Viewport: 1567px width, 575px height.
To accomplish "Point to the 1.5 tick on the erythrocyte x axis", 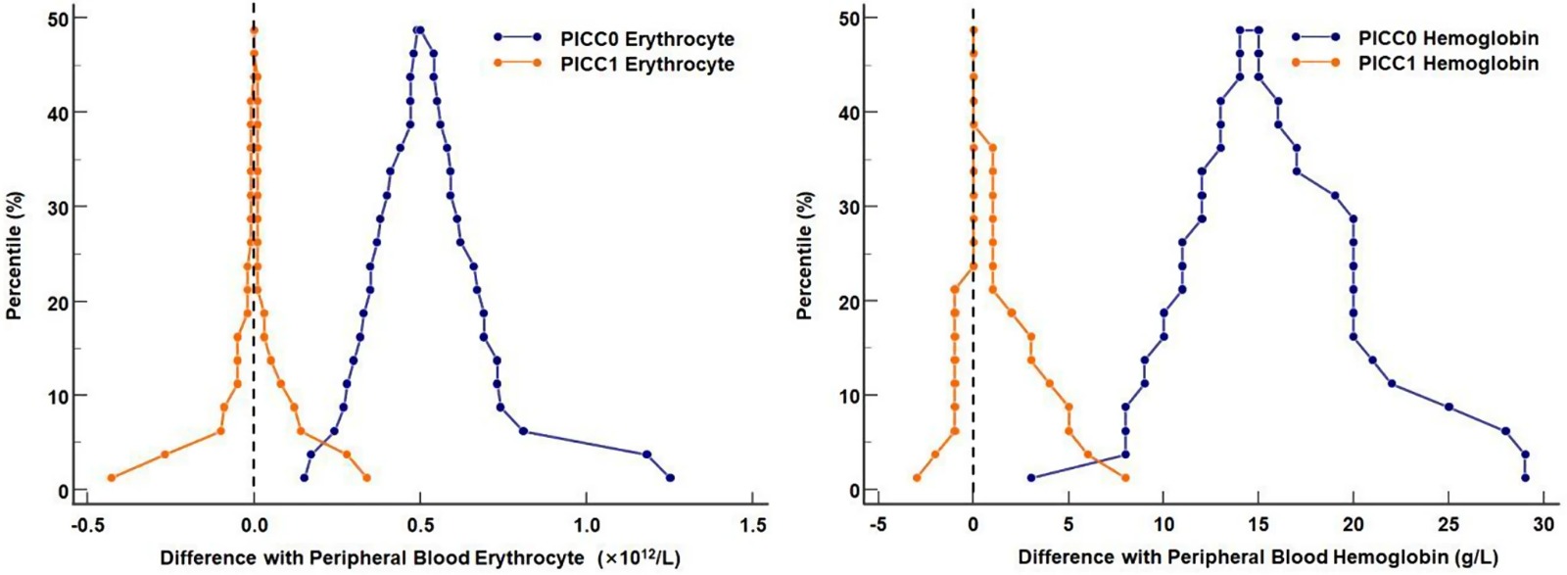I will click(x=752, y=525).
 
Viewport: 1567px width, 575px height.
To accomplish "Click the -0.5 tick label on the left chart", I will click(x=86, y=525).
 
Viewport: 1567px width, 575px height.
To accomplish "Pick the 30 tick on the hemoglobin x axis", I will click(x=1543, y=525).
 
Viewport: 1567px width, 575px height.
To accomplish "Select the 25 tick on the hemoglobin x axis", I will click(x=1448, y=525).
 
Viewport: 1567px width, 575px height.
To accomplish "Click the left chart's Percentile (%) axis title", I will click(x=14, y=256).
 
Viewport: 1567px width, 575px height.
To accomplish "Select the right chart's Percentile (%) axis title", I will click(x=804, y=256).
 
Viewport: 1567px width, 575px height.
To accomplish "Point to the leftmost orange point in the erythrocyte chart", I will click(x=111, y=478).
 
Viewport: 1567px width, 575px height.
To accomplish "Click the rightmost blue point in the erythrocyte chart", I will click(x=670, y=478).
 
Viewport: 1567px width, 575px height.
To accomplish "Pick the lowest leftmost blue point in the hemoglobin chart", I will click(x=1030, y=478).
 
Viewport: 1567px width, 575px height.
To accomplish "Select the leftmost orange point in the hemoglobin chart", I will click(x=917, y=478).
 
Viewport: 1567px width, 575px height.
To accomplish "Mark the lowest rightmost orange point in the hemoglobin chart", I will click(x=1125, y=478).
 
